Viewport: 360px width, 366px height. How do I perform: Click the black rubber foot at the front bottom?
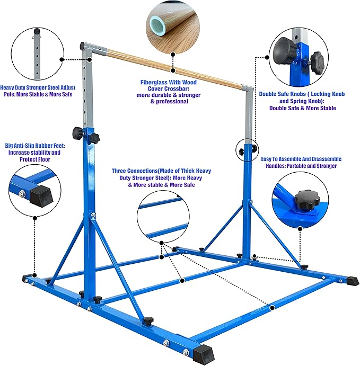[203, 352]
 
